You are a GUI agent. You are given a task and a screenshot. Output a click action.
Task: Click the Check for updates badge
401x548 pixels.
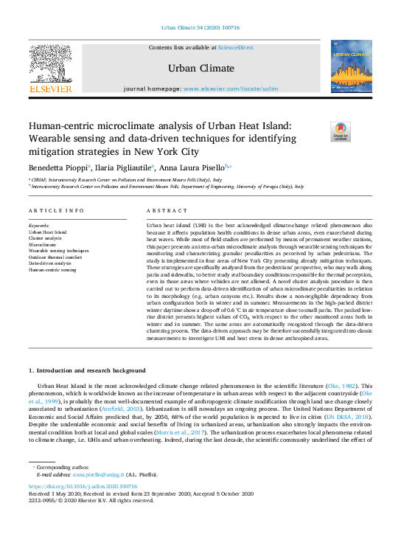341,132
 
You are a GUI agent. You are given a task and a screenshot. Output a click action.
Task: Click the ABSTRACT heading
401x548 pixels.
162,211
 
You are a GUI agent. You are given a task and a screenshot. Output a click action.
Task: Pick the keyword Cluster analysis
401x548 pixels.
46,238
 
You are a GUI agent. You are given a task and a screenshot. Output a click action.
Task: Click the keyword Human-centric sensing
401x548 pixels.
52,269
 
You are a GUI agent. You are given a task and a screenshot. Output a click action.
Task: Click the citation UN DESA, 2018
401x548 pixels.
352,417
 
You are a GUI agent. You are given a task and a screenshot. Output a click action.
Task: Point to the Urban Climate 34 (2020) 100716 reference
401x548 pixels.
200,30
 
